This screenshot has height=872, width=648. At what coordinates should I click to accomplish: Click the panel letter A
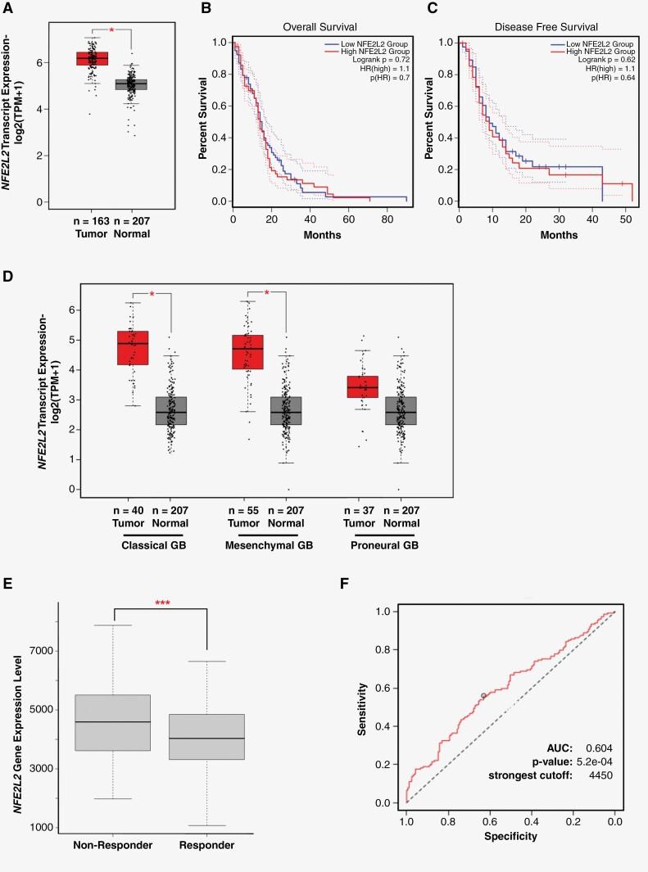(8, 8)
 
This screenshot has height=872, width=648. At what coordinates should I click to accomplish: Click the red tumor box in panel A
(92, 58)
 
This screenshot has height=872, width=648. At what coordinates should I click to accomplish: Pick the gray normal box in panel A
(130, 84)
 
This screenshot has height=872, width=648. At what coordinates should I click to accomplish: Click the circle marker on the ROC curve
(483, 695)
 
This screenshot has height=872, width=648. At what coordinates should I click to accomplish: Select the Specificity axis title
(510, 837)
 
